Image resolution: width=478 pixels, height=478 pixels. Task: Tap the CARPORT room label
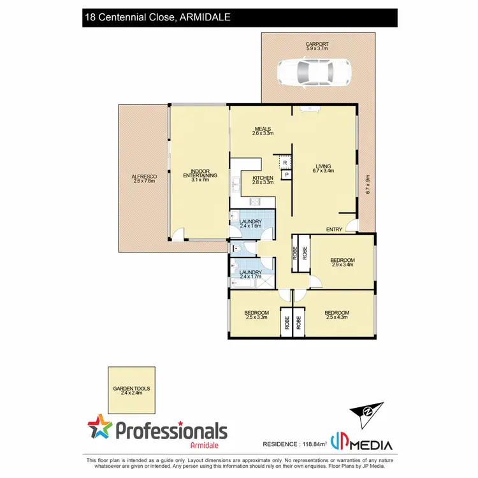317,45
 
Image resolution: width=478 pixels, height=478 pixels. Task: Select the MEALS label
263,131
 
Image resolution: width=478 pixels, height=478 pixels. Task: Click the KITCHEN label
263,180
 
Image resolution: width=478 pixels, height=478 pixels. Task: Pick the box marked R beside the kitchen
285,163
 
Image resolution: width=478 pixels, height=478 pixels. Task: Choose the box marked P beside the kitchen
286,175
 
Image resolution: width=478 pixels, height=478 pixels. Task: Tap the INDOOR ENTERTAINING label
200,176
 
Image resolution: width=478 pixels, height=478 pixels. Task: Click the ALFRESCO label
143,178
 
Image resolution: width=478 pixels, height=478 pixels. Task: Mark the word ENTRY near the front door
334,229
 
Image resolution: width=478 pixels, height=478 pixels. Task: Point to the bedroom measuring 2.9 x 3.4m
342,263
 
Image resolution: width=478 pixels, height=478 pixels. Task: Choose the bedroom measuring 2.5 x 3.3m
256,315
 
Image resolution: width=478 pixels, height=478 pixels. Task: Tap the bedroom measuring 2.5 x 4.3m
337,315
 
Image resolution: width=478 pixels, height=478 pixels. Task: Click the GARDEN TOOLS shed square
131,390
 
